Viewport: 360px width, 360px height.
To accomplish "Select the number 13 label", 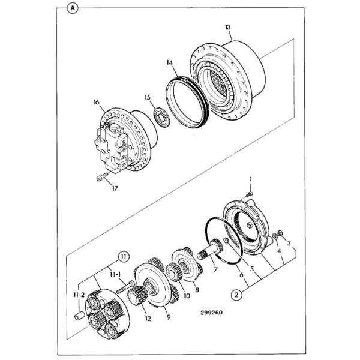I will click(x=228, y=27).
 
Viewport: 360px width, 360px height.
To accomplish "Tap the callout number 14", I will click(x=170, y=62).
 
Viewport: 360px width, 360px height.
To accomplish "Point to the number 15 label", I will click(x=147, y=97).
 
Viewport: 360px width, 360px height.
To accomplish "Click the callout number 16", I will click(x=95, y=102).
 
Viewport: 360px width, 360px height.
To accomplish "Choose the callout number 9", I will click(x=167, y=317).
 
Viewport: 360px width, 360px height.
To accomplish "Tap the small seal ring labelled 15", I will click(x=160, y=116).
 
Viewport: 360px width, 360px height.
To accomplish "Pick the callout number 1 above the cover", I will click(x=251, y=178).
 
